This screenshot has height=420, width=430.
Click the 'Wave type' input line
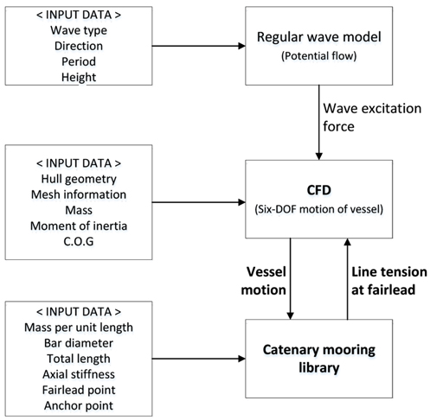[79, 30]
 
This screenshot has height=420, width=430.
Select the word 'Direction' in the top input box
[79, 46]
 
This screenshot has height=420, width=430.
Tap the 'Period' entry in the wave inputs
[79, 61]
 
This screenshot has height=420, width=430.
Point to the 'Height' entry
[79, 77]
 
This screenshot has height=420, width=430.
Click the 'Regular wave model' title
[319, 37]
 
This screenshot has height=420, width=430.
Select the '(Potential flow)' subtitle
[319, 55]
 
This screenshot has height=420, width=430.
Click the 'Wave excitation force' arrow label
[372, 118]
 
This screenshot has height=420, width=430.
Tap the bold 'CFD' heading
[319, 190]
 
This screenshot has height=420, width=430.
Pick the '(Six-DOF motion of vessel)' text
[319, 209]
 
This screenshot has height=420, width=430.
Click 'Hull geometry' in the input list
[79, 179]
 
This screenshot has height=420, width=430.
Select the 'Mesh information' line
[79, 194]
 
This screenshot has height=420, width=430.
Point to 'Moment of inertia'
[79, 226]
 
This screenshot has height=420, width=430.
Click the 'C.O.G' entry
[79, 241]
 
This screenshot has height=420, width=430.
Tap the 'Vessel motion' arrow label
[263, 281]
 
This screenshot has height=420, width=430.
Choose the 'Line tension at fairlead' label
[389, 281]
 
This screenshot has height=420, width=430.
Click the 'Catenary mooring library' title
[319, 359]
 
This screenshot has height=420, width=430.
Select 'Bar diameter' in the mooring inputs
[79, 343]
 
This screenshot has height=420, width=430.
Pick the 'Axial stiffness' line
[79, 374]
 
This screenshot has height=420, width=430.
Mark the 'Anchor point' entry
[79, 405]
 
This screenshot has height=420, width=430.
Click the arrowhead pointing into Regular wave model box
[241, 46]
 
